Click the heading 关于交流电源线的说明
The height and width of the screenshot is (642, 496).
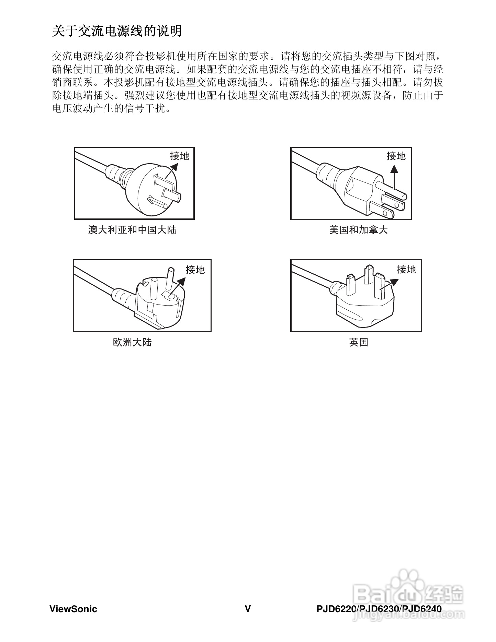tap(117, 31)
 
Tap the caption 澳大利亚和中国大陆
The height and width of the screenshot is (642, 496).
tap(132, 230)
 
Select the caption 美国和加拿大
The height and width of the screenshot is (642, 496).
tap(358, 230)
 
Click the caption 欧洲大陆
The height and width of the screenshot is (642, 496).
tap(132, 342)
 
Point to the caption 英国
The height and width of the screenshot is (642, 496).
tap(358, 342)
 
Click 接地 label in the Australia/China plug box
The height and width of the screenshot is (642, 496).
tap(179, 156)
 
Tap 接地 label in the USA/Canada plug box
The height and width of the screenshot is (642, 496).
tap(396, 156)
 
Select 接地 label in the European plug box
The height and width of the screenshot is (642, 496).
tap(195, 270)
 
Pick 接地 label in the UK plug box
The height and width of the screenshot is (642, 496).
tap(406, 270)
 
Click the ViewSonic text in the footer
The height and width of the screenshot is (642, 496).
tap(73, 609)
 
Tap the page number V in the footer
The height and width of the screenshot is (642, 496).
tap(248, 609)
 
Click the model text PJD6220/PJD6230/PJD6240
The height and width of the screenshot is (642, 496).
tap(379, 609)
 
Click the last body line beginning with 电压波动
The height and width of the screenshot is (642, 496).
tap(111, 109)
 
